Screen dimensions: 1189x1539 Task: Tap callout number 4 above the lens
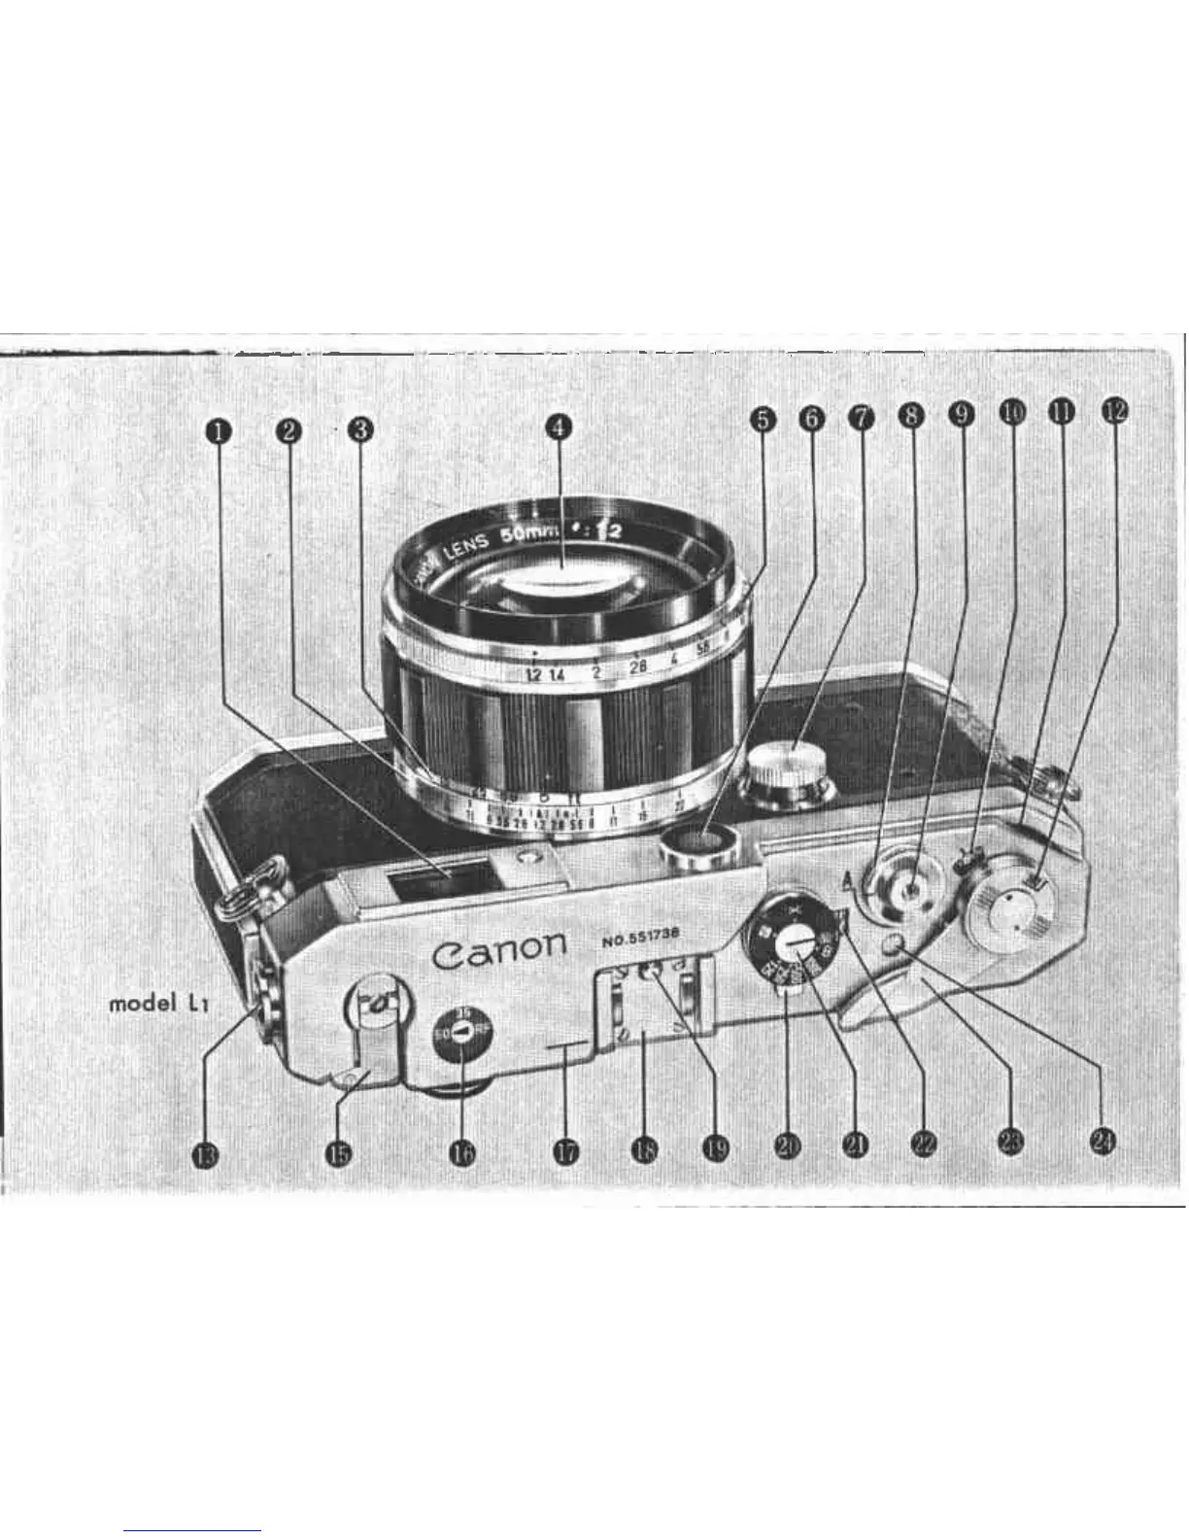click(x=557, y=426)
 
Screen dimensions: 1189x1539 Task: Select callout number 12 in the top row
click(x=1113, y=411)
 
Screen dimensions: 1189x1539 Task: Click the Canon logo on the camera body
click(x=498, y=949)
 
